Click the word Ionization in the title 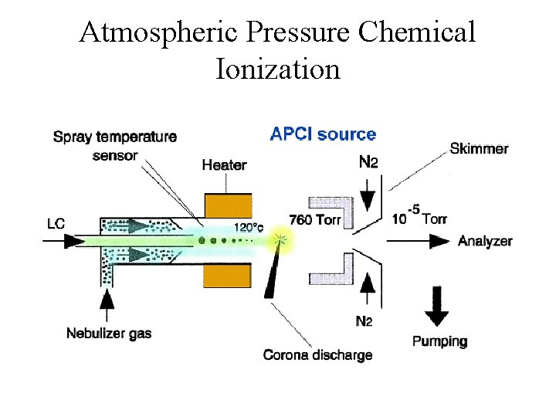click(x=278, y=69)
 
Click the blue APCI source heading click(x=323, y=134)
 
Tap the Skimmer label click(x=479, y=148)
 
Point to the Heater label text click(x=224, y=164)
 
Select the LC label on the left click(x=56, y=224)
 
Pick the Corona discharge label click(x=317, y=355)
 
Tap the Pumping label click(x=439, y=341)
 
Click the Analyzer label click(x=485, y=241)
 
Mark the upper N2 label click(x=368, y=162)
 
